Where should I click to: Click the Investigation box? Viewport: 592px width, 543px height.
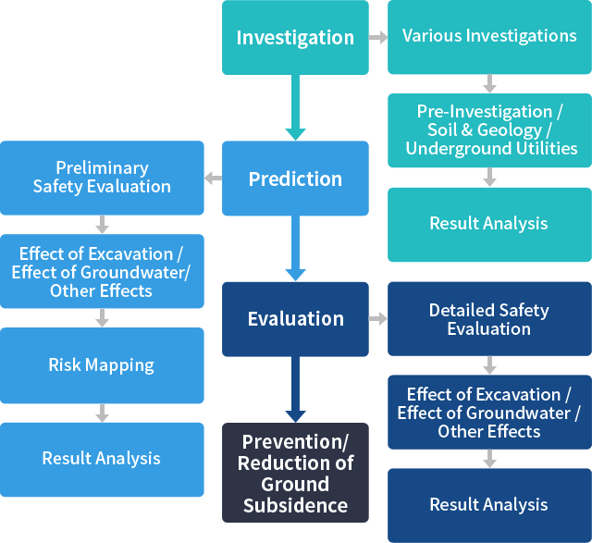[295, 38]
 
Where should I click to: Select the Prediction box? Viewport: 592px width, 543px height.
[295, 179]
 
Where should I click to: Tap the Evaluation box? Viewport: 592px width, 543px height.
[295, 319]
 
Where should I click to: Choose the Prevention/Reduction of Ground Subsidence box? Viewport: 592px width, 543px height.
[295, 473]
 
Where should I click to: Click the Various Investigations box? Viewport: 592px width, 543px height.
[489, 36]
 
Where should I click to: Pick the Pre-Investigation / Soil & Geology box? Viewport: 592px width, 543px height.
[489, 130]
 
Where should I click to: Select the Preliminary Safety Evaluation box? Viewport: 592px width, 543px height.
[102, 177]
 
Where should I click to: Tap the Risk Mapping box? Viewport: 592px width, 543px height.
[102, 364]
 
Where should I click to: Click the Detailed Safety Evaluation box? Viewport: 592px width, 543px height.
[489, 319]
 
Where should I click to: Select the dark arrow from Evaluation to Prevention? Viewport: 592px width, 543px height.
[295, 389]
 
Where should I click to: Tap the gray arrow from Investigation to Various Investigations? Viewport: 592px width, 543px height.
[377, 38]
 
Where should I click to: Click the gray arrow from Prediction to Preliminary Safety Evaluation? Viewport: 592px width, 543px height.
[213, 178]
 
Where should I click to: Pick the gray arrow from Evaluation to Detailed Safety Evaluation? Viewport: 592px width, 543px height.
[377, 319]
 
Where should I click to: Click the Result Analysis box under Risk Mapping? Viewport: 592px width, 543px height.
[102, 459]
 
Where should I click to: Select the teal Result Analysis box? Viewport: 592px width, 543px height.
[489, 223]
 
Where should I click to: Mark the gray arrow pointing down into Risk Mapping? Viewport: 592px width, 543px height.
[102, 318]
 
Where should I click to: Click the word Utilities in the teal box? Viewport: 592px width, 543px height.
[541, 148]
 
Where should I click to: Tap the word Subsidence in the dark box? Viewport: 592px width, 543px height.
[295, 505]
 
